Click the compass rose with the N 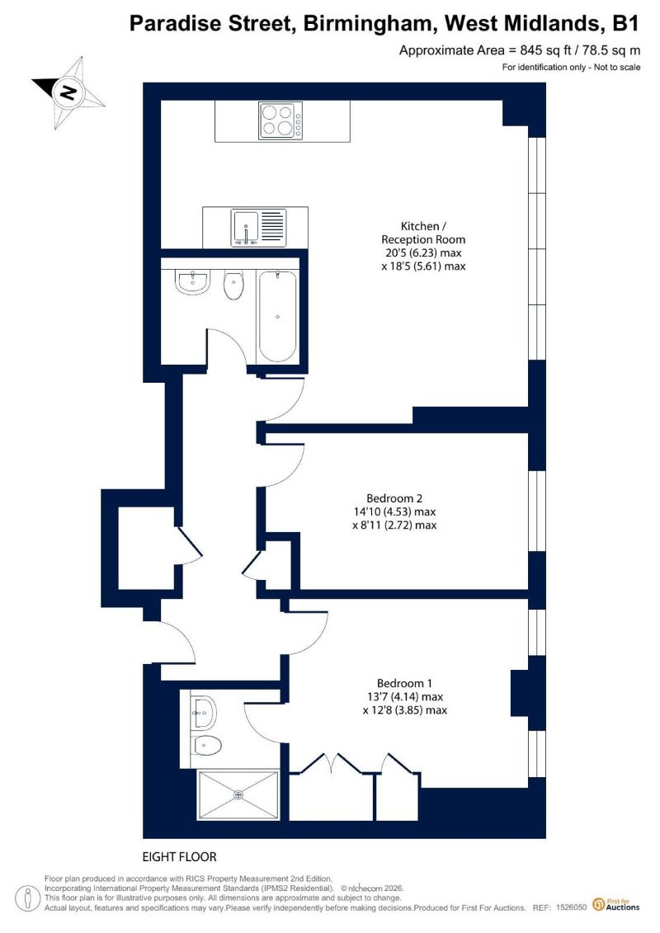point(68,92)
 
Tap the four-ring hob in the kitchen point(280,120)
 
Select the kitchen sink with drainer point(259,228)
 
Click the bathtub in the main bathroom point(277,317)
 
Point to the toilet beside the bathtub point(233,285)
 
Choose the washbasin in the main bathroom point(191,282)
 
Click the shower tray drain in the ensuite point(238,795)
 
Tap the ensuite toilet point(206,744)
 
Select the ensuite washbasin point(204,712)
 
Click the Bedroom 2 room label point(394,498)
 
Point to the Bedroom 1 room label point(405,683)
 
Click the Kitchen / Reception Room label point(423,233)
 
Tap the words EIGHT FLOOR point(179,857)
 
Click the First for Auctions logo point(616,905)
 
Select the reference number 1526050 point(572,907)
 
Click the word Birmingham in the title point(370,24)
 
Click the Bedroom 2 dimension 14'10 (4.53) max point(394,511)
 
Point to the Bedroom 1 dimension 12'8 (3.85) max point(405,710)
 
